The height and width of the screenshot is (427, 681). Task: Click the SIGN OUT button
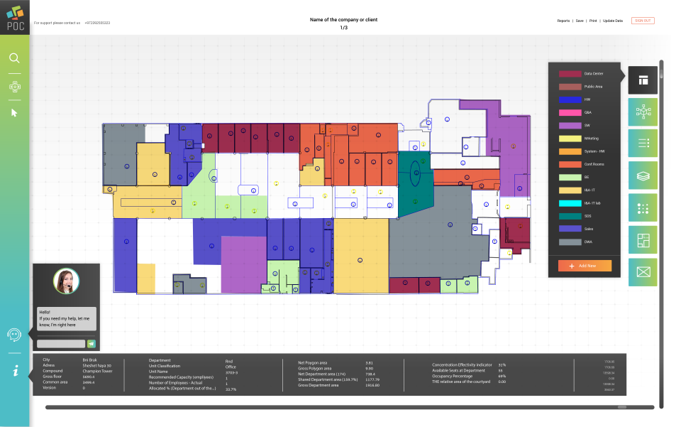(642, 21)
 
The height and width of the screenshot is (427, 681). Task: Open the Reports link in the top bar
(563, 21)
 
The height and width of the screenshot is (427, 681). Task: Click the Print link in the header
(592, 21)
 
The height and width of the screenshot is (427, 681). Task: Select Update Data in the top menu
(613, 21)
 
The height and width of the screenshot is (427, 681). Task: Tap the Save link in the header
(580, 21)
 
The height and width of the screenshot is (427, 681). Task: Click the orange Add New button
(585, 265)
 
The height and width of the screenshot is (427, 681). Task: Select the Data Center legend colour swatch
(569, 74)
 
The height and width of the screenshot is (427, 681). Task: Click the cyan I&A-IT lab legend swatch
(569, 203)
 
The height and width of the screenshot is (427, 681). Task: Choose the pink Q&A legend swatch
(569, 112)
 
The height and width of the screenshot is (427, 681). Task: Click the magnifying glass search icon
(14, 58)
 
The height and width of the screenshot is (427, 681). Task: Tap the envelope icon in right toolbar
(643, 271)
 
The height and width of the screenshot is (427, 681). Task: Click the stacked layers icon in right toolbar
(643, 175)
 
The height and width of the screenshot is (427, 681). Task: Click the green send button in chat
(91, 344)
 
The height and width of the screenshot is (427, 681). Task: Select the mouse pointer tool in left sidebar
(14, 112)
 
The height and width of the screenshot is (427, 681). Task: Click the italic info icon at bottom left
(14, 370)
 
